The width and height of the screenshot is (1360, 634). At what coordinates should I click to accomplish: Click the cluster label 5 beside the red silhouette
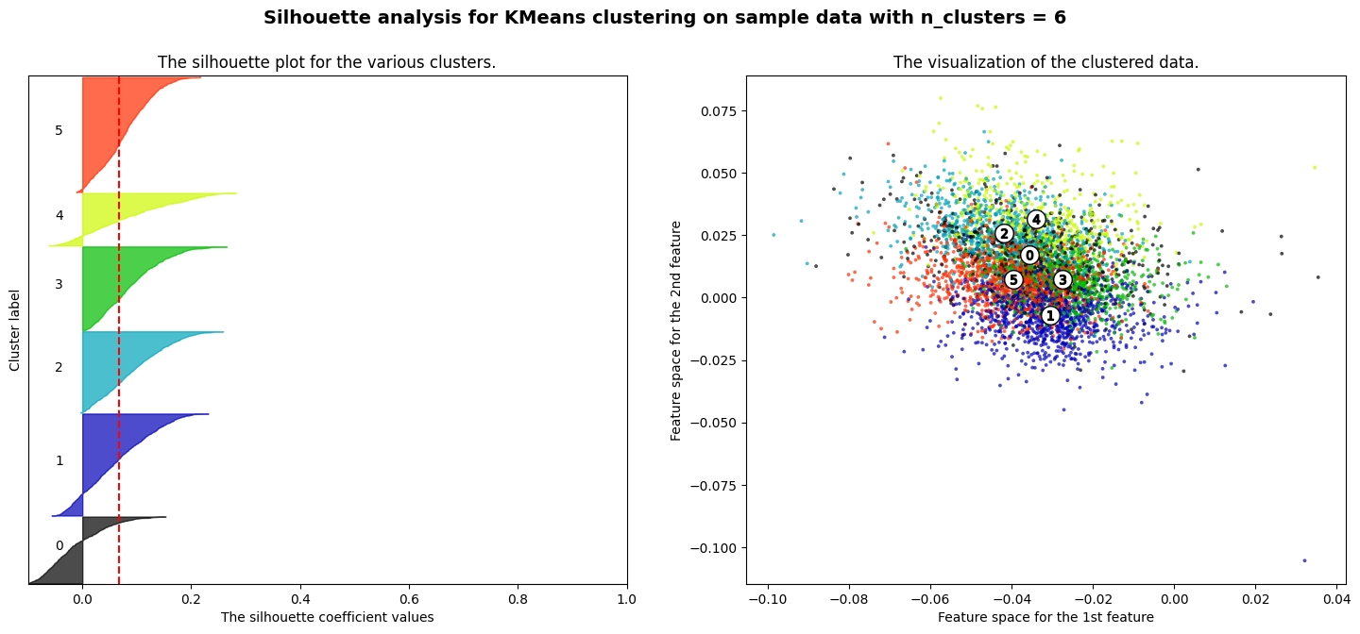coord(59,130)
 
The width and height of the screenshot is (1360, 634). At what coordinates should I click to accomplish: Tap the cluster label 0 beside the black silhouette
coord(59,545)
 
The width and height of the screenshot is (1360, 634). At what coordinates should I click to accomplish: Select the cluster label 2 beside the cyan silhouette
coord(59,367)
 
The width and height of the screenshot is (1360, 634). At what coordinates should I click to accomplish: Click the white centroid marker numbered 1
coord(1050,315)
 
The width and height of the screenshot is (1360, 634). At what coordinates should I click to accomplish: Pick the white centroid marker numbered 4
coord(1036,219)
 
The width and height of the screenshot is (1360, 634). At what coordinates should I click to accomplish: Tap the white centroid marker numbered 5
coord(1013,279)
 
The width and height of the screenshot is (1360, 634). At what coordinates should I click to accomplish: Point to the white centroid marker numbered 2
coord(1004,233)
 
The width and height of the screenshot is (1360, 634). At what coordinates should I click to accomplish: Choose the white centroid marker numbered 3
coord(1062,279)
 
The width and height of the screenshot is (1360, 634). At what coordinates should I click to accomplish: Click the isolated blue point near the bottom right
coord(1304,560)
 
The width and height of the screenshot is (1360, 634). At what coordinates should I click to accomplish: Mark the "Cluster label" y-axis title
coord(15,330)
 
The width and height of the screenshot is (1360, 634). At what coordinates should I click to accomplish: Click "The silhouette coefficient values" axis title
coord(327,617)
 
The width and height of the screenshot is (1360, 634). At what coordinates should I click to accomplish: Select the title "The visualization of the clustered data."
coord(1045,62)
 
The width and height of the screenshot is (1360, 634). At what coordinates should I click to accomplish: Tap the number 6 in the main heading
coord(1060,17)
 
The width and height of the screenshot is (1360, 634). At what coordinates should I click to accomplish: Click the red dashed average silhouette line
coord(119,377)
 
